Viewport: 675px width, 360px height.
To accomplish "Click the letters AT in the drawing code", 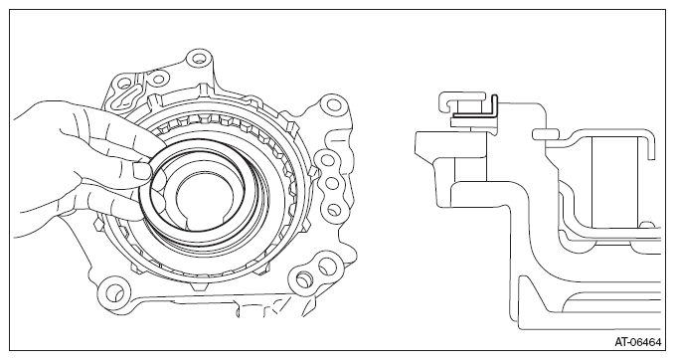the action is pos(620,343).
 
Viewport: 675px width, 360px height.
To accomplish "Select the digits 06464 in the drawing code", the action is pos(645,343).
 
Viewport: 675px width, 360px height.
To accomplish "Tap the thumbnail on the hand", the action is pos(141,170).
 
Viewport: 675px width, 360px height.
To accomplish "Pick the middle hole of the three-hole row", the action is pos(331,184).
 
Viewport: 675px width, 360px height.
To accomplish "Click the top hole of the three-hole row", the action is pos(328,160).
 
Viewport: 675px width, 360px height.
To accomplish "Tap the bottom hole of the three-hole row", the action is pos(332,209).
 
